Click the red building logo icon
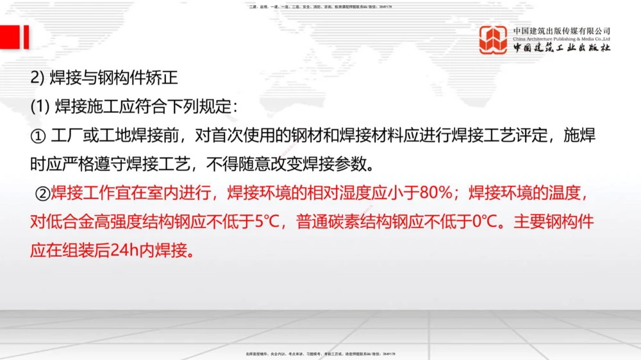[494, 40]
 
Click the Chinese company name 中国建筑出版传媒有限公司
[562, 31]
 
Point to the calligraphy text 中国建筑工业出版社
[562, 48]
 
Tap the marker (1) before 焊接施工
[40, 107]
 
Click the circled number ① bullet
[38, 136]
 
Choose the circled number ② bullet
[42, 193]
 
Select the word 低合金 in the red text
[67, 222]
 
